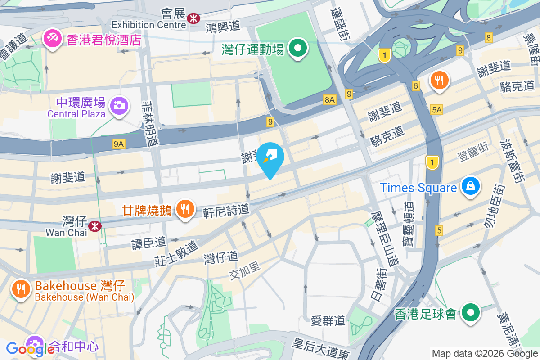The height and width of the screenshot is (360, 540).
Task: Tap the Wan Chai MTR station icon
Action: coord(94,226)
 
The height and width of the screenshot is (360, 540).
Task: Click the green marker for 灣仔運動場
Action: coord(297,48)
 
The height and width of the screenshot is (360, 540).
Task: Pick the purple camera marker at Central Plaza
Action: coord(120,106)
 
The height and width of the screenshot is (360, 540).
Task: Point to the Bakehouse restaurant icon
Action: coord(20,289)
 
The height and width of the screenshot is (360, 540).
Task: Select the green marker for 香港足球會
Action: coord(471,312)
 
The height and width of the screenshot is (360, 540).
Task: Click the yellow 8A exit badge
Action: coord(329,100)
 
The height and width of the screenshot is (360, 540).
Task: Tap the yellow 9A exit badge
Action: coord(119,144)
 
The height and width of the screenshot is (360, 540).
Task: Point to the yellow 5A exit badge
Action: coord(436,109)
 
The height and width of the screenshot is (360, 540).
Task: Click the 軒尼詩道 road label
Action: coord(226,209)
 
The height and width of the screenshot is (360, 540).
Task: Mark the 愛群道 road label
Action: coord(328,320)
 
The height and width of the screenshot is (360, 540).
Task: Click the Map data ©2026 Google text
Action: coord(484,353)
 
